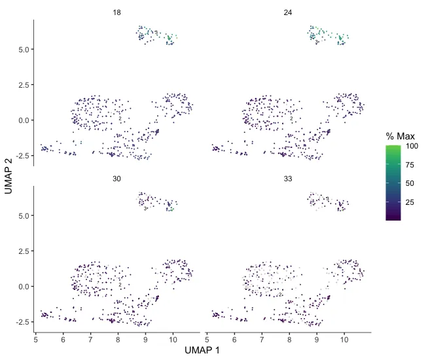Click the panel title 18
click(116, 12)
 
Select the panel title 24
click(288, 12)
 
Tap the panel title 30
click(116, 179)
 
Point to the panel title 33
click(288, 179)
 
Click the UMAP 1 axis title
click(202, 351)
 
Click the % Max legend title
click(399, 136)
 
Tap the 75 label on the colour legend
click(410, 165)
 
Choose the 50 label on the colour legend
click(410, 184)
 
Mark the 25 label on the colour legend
click(410, 203)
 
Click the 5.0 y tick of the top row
click(22, 49)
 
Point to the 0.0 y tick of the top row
click(22, 120)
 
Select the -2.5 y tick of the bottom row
click(21, 322)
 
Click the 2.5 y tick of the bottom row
click(22, 251)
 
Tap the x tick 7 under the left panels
click(91, 339)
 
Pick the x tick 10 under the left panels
click(173, 339)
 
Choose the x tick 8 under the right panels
click(290, 339)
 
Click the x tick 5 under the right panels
click(207, 339)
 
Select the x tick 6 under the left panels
click(63, 339)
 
